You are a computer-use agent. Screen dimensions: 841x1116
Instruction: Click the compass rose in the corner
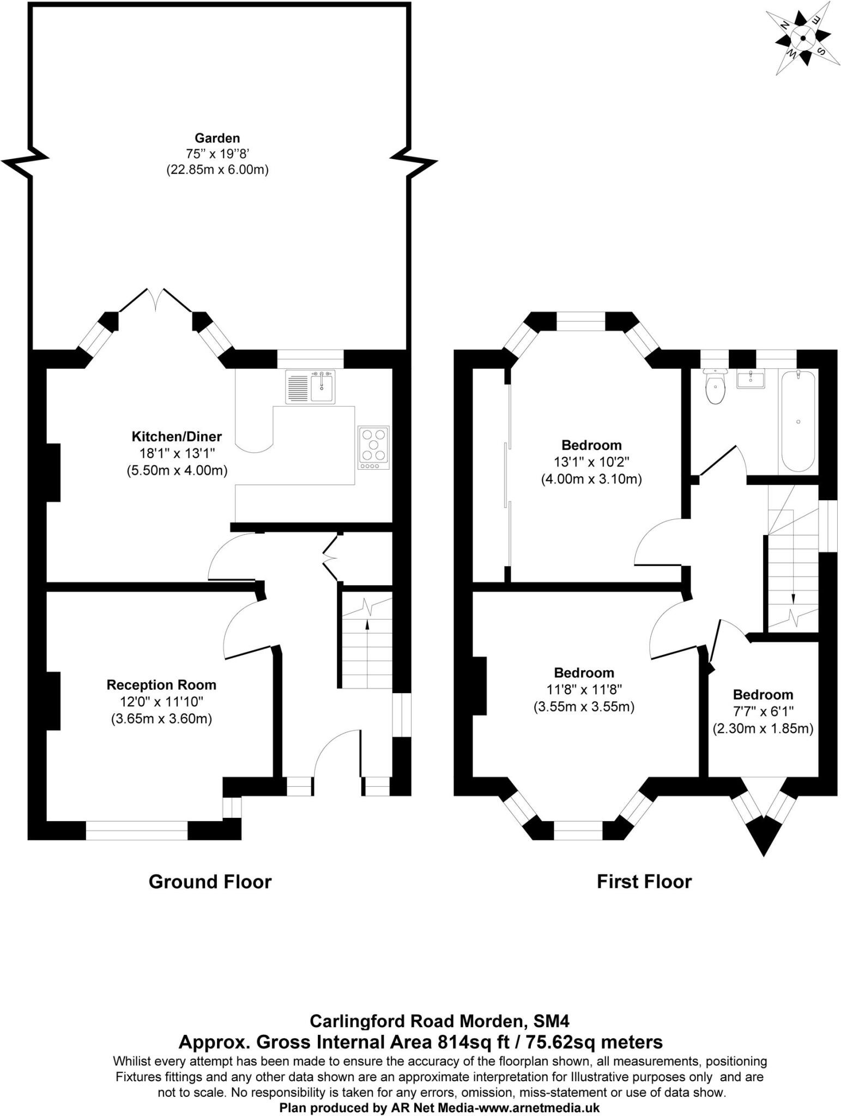[802, 38]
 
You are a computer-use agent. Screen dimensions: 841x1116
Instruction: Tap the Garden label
[217, 138]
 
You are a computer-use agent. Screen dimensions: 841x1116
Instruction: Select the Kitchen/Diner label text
[177, 436]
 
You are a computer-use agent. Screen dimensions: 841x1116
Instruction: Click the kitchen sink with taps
[310, 387]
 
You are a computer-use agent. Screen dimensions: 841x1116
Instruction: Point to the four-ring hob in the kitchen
[374, 448]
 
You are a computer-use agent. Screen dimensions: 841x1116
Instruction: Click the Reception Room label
[161, 685]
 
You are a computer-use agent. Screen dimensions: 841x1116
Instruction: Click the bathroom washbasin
[751, 378]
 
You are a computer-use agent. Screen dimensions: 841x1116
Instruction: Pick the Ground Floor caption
[210, 882]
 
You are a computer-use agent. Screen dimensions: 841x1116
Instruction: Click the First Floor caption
[644, 882]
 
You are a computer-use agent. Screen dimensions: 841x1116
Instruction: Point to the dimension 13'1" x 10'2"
[591, 463]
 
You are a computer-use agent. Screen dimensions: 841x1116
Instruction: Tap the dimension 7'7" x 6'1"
[763, 711]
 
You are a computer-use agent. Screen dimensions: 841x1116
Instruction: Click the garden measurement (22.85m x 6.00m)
[217, 170]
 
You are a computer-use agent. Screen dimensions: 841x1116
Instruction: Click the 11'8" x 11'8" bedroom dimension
[584, 690]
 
